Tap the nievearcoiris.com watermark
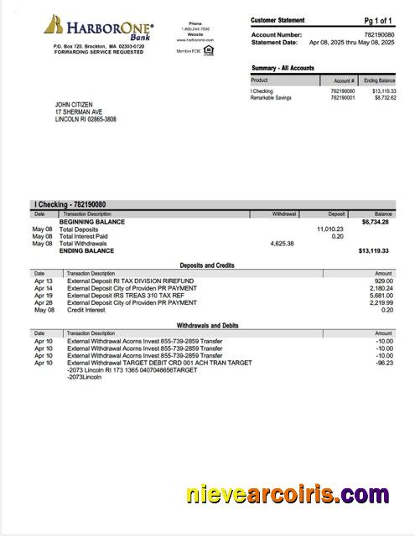pyautogui.click(x=288, y=494)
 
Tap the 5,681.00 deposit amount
pyautogui.click(x=381, y=296)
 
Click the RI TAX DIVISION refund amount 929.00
pyautogui.click(x=383, y=281)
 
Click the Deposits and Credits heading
pyautogui.click(x=207, y=265)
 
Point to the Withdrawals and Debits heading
pyautogui.click(x=207, y=325)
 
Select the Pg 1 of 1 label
pyautogui.click(x=378, y=20)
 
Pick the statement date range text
pyautogui.click(x=351, y=42)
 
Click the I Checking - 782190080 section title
pyautogui.click(x=70, y=204)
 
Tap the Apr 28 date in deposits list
pyautogui.click(x=43, y=302)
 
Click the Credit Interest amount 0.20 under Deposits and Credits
pyautogui.click(x=386, y=310)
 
